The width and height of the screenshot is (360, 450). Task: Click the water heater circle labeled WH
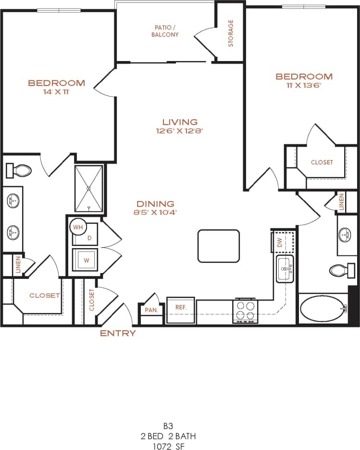pos(78,226)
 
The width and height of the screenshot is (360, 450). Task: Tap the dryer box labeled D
pos(88,237)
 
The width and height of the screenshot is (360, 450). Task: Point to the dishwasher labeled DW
pos(280,242)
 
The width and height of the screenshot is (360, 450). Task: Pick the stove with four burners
pos(245,311)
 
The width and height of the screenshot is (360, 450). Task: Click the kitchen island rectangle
pos(218,246)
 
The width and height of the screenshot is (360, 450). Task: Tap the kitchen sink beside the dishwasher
pos(285,269)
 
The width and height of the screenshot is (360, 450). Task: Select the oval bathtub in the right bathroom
pos(323,309)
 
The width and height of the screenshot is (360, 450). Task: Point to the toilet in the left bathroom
pos(19,170)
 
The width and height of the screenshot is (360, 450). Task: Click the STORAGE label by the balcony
pos(231,33)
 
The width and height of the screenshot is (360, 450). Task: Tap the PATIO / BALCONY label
pos(165,31)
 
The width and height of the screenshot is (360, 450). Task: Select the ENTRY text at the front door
pos(118,333)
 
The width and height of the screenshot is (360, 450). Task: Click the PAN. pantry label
pos(151,311)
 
